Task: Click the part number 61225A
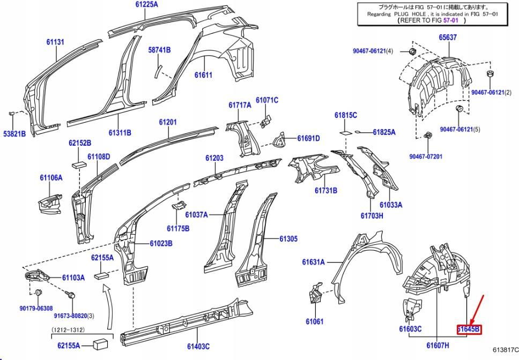(x=146, y=4)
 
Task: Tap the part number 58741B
(x=159, y=50)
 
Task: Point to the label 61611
(x=203, y=76)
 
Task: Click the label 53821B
(x=14, y=133)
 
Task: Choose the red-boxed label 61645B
(x=469, y=329)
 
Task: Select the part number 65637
(x=448, y=37)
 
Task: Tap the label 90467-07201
(x=426, y=156)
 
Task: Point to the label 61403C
(x=198, y=346)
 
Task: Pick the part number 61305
(x=288, y=239)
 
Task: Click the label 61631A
(x=314, y=262)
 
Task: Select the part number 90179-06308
(x=36, y=308)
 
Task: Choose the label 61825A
(x=384, y=132)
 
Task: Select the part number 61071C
(x=267, y=100)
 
